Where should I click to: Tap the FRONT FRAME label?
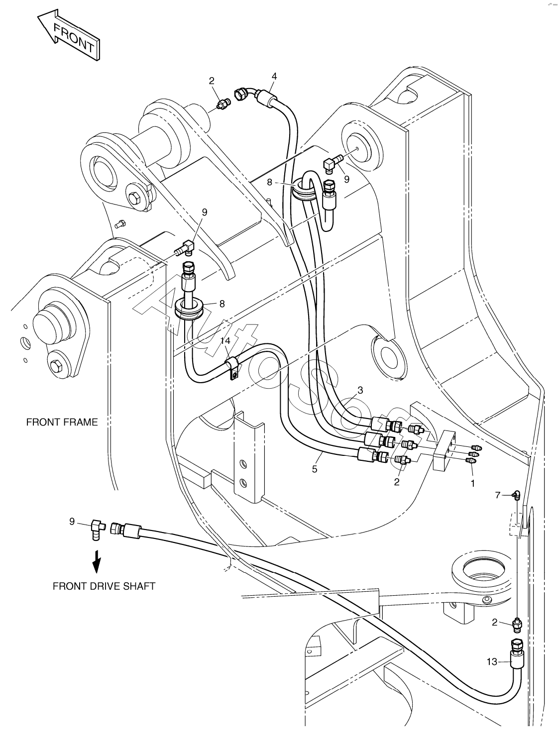coord(62,422)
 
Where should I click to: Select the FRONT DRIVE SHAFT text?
coord(104,586)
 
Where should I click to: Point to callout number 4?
coord(274,76)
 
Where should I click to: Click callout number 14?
coord(225,341)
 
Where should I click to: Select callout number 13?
coord(492,661)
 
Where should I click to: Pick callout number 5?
coord(315,469)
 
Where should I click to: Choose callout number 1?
coord(472,483)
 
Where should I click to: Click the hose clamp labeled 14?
coord(232,368)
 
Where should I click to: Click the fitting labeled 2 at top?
coord(223,104)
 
